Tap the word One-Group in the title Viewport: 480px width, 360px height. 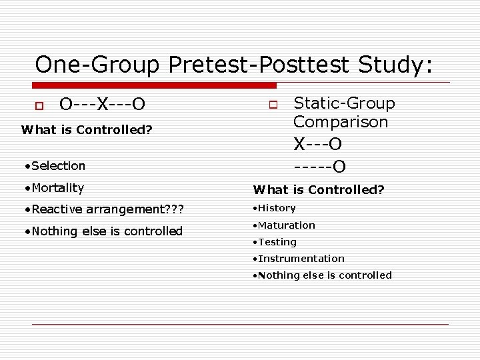coord(97,65)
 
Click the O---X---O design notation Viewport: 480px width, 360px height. coord(103,105)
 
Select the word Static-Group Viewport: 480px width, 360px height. coord(344,103)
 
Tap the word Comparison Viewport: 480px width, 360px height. coord(341,122)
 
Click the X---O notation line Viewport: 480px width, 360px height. coord(320,144)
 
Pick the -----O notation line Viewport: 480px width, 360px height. coord(320,166)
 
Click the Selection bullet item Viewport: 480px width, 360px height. coord(53,165)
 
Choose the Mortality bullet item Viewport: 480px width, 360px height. coord(53,188)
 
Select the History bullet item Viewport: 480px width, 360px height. coord(274,208)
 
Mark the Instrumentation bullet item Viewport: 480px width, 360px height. coord(299,259)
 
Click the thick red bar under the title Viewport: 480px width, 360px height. coord(155,85)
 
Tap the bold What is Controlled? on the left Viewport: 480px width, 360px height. coord(87,130)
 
